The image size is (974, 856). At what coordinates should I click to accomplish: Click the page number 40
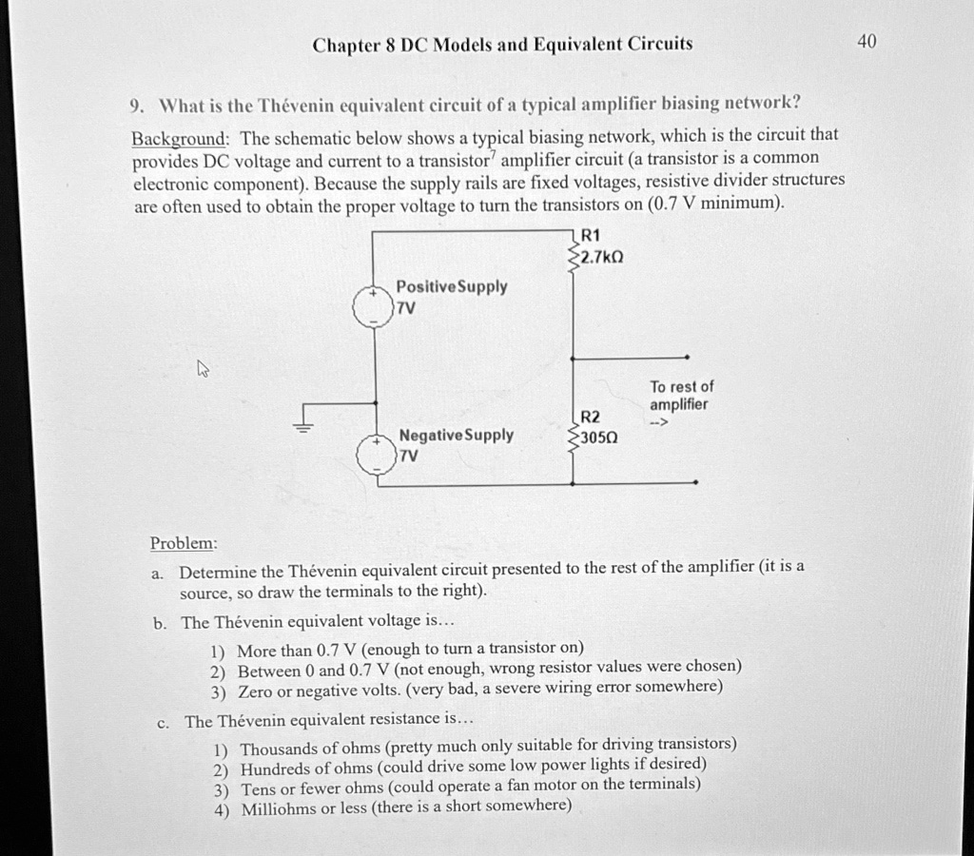click(x=867, y=41)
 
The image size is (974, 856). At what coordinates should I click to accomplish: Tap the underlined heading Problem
click(x=184, y=543)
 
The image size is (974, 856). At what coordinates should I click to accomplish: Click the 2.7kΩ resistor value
click(x=602, y=258)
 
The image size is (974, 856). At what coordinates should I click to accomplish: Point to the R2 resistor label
click(x=591, y=417)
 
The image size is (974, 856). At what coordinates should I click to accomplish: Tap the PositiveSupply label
click(x=451, y=286)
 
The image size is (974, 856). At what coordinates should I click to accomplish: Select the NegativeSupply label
click(x=456, y=435)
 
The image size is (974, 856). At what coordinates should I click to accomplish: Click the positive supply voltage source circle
click(x=373, y=307)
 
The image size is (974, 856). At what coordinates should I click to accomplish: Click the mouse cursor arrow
click(x=201, y=368)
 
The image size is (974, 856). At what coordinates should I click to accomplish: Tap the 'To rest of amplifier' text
click(x=681, y=396)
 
